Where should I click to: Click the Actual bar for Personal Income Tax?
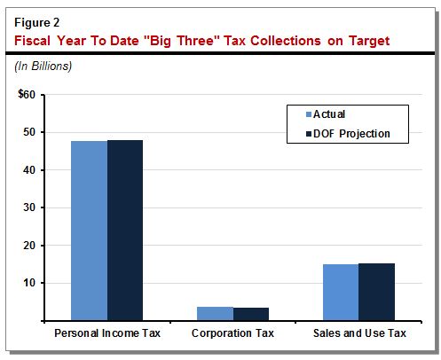coord(90,231)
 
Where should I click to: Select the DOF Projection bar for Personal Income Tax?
coord(125,230)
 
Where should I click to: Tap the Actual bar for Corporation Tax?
coord(216,313)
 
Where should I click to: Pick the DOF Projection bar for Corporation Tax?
coord(251,314)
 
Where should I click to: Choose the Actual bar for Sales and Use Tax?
coord(341,292)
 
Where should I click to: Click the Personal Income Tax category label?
coord(106,334)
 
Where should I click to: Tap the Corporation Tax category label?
coord(232,334)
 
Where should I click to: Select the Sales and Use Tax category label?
coord(358,334)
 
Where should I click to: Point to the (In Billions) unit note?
coord(42,66)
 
